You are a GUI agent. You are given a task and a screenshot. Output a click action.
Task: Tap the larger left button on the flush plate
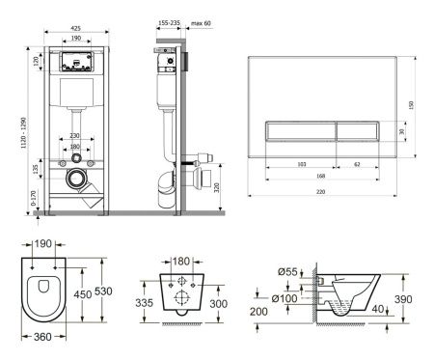300,131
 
